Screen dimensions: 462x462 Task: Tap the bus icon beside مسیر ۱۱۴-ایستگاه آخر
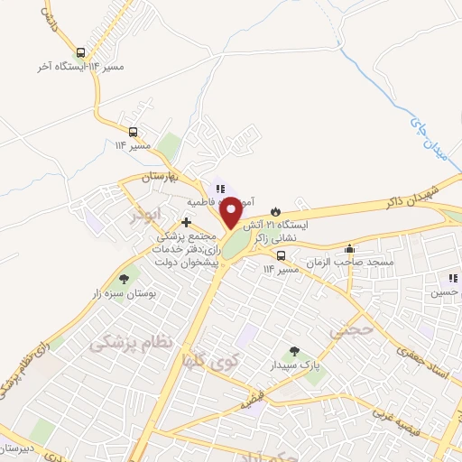[x=82, y=52]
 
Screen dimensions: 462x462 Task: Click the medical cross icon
[x=187, y=222]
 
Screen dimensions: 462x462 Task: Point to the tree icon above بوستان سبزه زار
[x=123, y=279]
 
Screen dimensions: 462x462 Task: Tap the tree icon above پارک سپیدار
[x=292, y=352]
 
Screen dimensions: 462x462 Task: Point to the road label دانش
[x=49, y=16]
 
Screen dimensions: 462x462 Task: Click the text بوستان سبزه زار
[x=125, y=293]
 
